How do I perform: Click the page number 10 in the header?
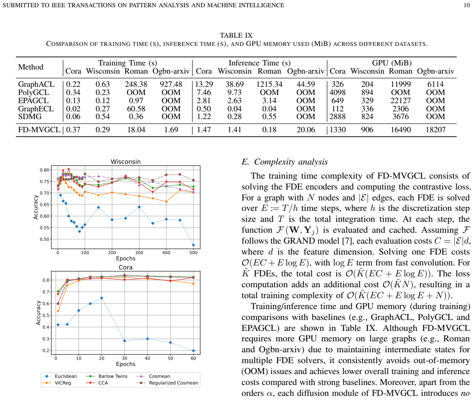click(x=467, y=5)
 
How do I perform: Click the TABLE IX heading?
click(x=236, y=35)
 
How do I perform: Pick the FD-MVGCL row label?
click(x=39, y=130)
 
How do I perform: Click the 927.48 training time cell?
click(x=171, y=84)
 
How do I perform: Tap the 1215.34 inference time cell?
click(x=269, y=84)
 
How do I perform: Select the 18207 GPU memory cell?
click(x=436, y=130)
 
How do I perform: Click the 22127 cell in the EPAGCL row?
click(x=400, y=100)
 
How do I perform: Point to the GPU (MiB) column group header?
click(x=392, y=63)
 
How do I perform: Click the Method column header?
click(x=31, y=67)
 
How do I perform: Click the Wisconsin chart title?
click(x=125, y=162)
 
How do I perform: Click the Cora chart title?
click(x=125, y=267)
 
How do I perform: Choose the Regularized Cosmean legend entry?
click(x=167, y=383)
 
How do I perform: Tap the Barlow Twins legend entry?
click(x=107, y=376)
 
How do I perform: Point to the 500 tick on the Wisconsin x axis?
click(x=193, y=252)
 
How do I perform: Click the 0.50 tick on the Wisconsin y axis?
click(x=45, y=239)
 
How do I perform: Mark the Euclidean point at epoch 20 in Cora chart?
click(x=102, y=298)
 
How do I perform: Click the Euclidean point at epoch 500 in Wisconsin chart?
click(x=194, y=245)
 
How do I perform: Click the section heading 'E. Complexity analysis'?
click(x=285, y=162)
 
